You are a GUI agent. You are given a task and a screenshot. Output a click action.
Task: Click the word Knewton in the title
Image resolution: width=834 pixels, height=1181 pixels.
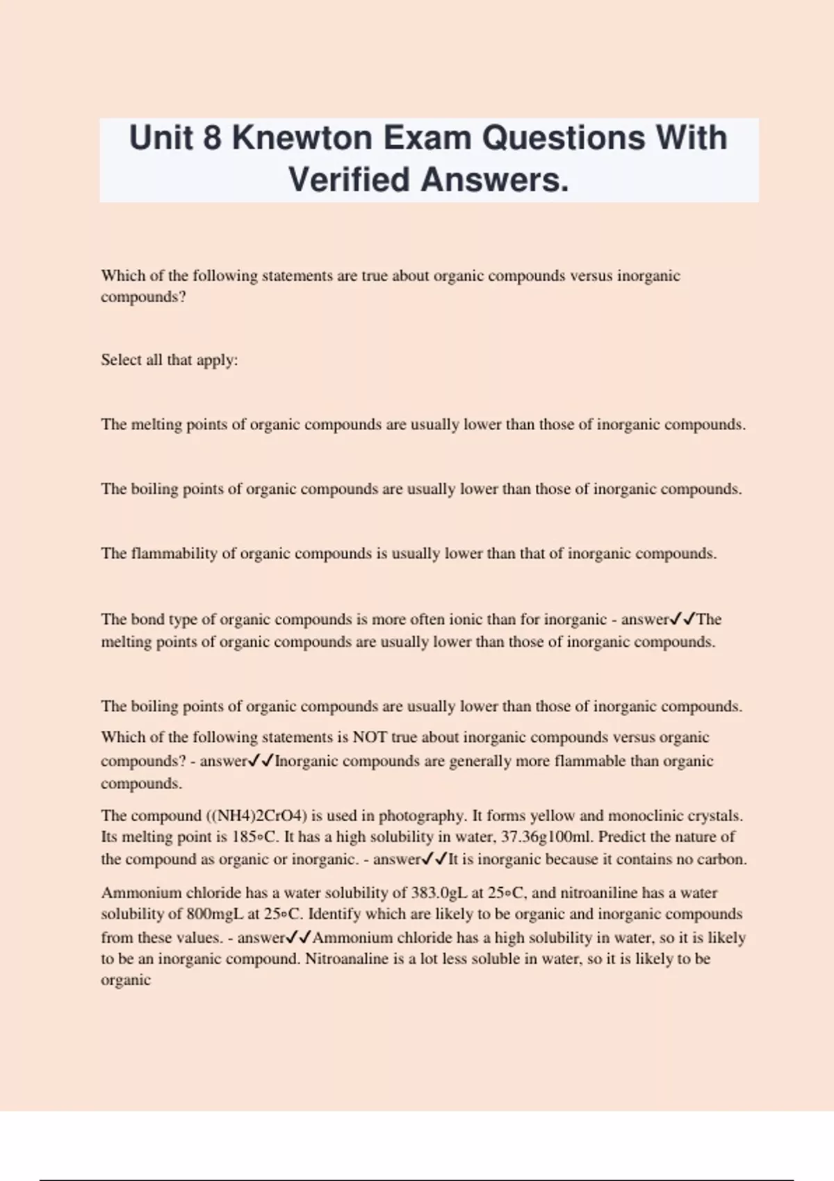coord(302,138)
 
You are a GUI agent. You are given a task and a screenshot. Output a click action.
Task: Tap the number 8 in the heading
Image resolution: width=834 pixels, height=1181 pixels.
coord(212,138)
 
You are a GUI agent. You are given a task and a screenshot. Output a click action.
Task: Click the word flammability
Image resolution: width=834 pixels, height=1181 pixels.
coord(174,554)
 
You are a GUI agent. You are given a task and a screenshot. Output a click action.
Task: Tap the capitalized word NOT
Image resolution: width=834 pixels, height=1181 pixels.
coord(370,737)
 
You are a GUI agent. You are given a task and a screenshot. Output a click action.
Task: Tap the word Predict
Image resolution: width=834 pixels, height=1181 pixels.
coord(622,837)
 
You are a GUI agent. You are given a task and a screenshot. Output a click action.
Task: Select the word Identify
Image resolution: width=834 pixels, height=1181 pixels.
coord(336,914)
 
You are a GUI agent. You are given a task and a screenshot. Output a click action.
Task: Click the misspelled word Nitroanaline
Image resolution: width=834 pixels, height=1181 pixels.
coord(347,959)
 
